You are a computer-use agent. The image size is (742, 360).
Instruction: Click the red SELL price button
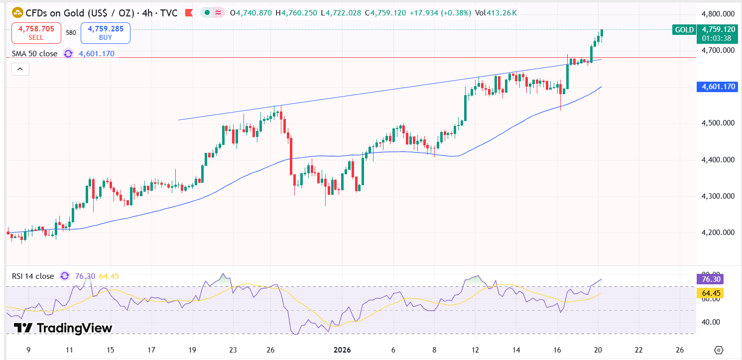pos(36,33)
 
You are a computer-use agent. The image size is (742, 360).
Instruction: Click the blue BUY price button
pos(105,33)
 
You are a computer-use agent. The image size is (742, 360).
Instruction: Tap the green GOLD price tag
pos(684,30)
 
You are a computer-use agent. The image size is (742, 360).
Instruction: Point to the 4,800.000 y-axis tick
pos(718,14)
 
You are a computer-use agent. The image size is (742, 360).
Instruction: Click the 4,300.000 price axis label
pos(718,196)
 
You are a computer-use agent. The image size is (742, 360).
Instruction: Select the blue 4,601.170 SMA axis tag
pos(718,87)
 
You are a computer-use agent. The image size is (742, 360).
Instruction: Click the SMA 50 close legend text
pos(34,54)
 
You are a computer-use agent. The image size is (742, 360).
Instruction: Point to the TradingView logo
pos(63,328)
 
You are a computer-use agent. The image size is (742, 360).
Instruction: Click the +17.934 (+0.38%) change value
pos(440,13)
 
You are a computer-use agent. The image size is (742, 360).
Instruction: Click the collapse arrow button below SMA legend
pos(20,69)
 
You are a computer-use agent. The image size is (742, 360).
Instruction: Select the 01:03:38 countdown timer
pos(717,38)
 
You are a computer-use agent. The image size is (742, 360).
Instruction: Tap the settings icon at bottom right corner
pos(718,350)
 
